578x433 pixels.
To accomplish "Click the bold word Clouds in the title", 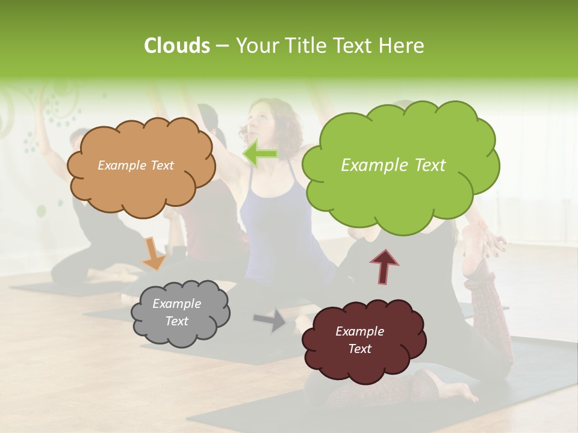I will (176, 46).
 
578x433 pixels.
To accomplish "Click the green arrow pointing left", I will (260, 155).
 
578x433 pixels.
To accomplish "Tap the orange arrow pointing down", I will (153, 253).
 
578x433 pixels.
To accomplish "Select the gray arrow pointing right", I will (270, 319).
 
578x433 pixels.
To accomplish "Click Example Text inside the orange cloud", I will (135, 165).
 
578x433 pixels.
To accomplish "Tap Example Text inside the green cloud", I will (393, 165).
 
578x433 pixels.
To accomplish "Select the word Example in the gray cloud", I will (176, 304).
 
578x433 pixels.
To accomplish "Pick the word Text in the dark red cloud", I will (359, 349).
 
